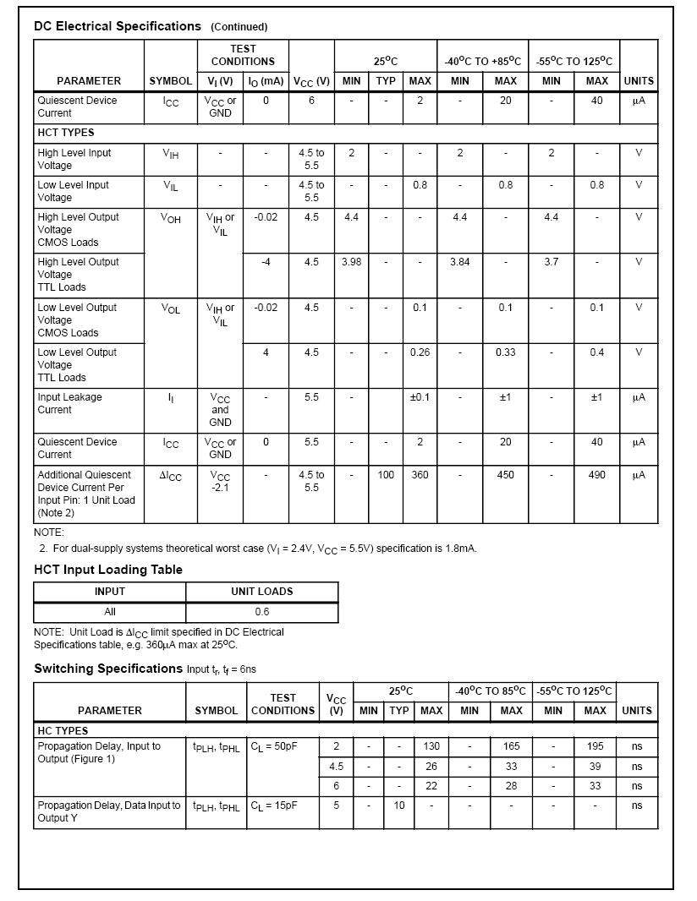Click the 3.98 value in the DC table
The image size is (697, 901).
[351, 262]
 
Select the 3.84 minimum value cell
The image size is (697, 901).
[460, 262]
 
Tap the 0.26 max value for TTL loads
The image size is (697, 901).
[420, 352]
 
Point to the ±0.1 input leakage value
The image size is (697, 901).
[420, 397]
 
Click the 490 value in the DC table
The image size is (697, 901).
[596, 475]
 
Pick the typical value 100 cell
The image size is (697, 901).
[386, 475]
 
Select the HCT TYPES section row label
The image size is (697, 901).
[66, 133]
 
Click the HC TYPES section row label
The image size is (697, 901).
[63, 730]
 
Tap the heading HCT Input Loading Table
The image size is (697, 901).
[108, 570]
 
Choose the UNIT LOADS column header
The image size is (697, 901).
[262, 592]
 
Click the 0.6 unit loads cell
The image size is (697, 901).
[262, 612]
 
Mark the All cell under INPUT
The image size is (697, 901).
[110, 612]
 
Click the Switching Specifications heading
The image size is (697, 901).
[108, 669]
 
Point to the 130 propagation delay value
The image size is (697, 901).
[431, 746]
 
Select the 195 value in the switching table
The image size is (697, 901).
[595, 746]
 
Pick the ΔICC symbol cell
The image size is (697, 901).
[171, 477]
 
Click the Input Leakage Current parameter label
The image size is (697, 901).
[69, 403]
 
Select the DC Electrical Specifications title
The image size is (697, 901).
[118, 26]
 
